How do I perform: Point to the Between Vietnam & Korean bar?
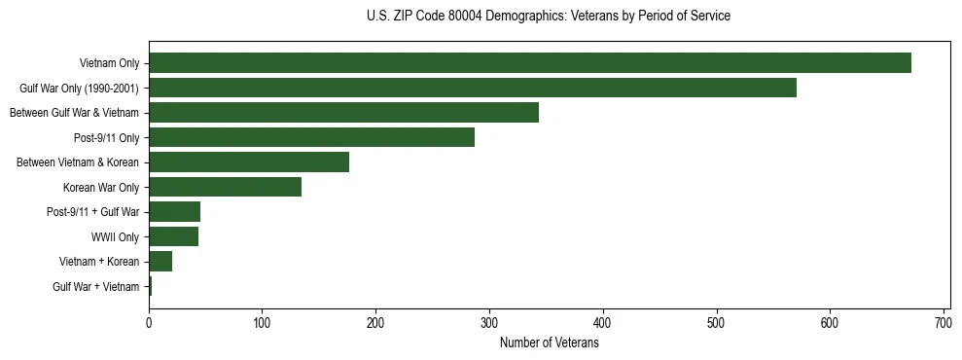249,162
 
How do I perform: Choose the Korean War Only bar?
225,187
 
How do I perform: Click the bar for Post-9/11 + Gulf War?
175,212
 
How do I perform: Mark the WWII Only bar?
174,236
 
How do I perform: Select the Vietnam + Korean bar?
160,262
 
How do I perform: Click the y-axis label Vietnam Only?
109,64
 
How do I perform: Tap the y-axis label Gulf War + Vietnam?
96,287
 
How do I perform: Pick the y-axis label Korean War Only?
101,188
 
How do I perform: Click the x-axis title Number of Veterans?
549,342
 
